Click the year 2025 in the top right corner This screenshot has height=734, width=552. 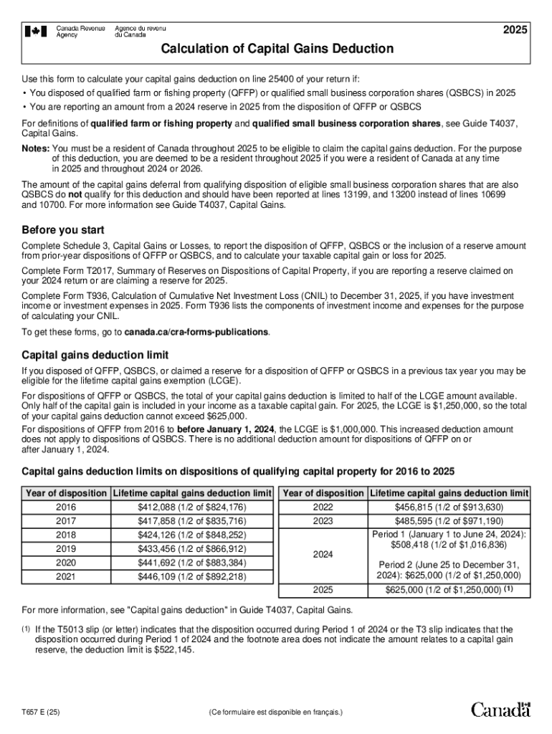click(x=515, y=30)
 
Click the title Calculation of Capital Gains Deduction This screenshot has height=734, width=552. click(x=277, y=49)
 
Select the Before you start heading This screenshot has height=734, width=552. click(x=62, y=230)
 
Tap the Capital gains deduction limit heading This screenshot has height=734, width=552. click(x=95, y=355)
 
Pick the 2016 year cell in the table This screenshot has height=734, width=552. click(x=66, y=507)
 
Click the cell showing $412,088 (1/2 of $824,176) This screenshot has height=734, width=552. click(x=191, y=507)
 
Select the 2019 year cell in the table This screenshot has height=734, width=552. click(x=66, y=548)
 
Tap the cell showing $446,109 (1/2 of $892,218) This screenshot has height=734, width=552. click(x=191, y=576)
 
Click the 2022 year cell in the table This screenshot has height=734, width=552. click(x=323, y=507)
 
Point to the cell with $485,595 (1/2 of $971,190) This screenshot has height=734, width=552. click(x=449, y=521)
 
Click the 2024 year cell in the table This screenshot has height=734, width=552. click(x=323, y=556)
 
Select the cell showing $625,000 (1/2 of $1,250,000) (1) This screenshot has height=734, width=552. click(x=449, y=591)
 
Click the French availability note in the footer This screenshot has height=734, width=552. click(x=276, y=712)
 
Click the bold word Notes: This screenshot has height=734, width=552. click(x=36, y=148)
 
